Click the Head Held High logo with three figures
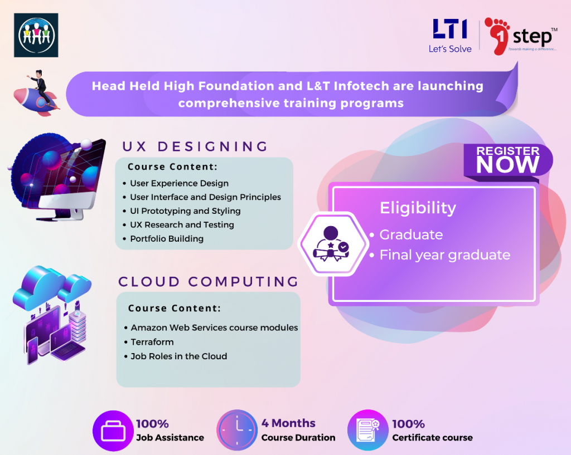click(36, 35)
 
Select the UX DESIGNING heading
click(195, 147)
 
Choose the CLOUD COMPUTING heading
click(209, 282)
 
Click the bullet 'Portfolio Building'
click(167, 239)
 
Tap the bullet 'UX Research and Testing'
click(182, 225)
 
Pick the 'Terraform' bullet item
click(152, 342)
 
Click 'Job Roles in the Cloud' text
click(179, 356)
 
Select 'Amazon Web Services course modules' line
click(214, 327)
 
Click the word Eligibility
click(418, 208)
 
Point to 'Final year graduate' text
click(444, 255)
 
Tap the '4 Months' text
click(288, 423)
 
